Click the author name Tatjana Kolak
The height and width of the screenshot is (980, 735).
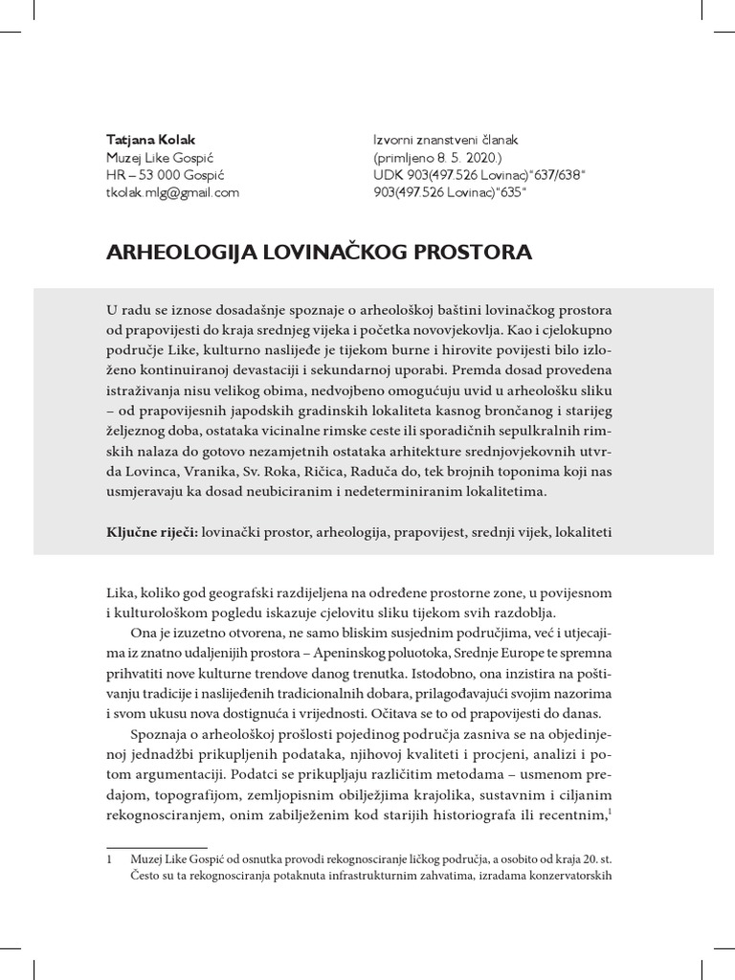pos(150,139)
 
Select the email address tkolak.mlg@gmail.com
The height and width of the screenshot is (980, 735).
pos(172,192)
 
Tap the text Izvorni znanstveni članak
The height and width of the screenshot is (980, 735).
pos(446,139)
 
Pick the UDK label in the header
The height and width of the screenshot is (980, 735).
pos(389,175)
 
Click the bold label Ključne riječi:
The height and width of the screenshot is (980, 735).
pos(151,529)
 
